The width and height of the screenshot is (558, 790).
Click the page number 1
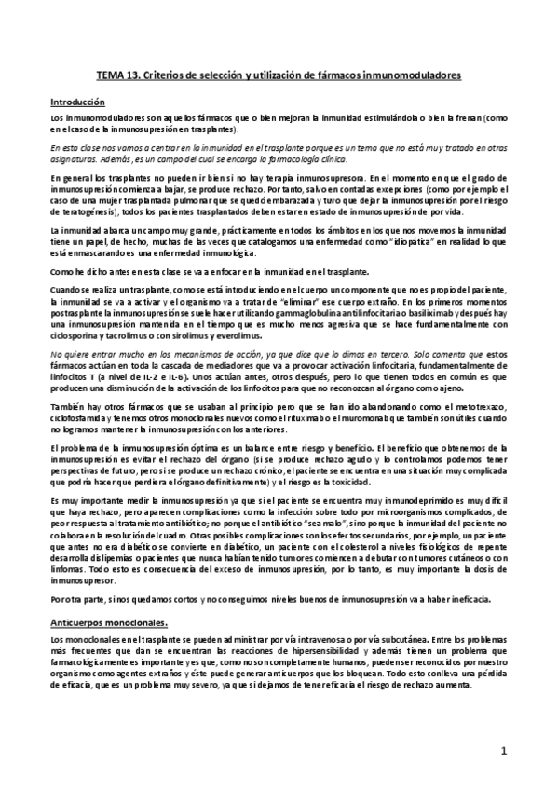point(503,749)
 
